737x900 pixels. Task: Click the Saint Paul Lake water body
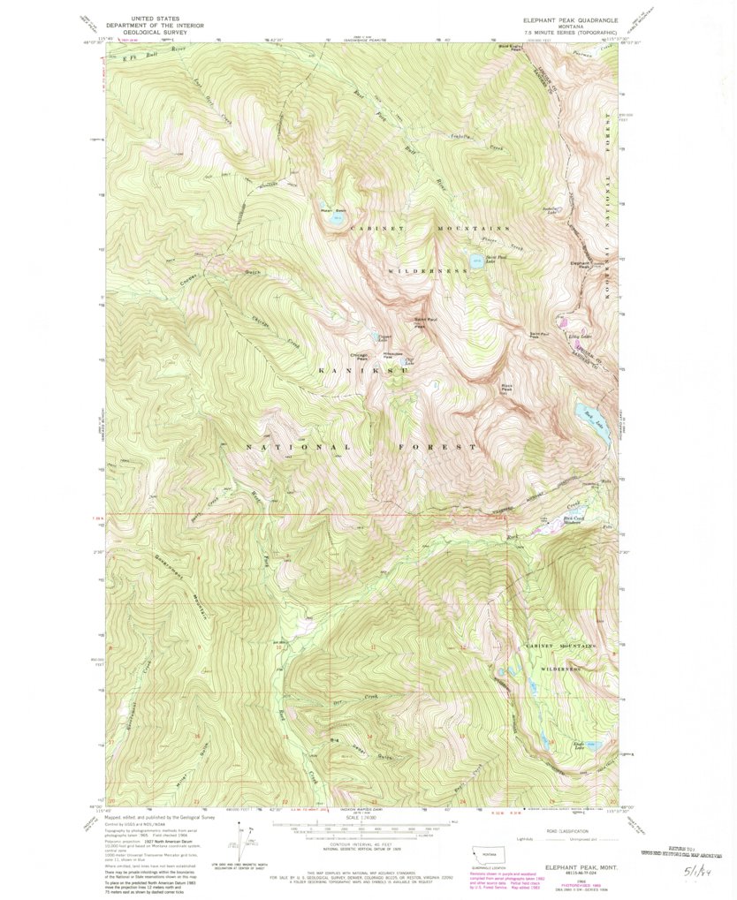pyautogui.click(x=477, y=261)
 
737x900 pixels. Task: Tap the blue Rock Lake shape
pyautogui.click(x=594, y=415)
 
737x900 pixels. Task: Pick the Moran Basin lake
pyautogui.click(x=337, y=219)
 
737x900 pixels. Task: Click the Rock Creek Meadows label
pyautogui.click(x=574, y=520)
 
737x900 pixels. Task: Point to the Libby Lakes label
pyautogui.click(x=554, y=337)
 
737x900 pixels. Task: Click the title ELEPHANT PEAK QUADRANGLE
pyautogui.click(x=569, y=19)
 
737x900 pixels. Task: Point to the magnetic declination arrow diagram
pyautogui.click(x=241, y=839)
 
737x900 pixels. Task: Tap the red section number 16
pyautogui.click(x=197, y=735)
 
